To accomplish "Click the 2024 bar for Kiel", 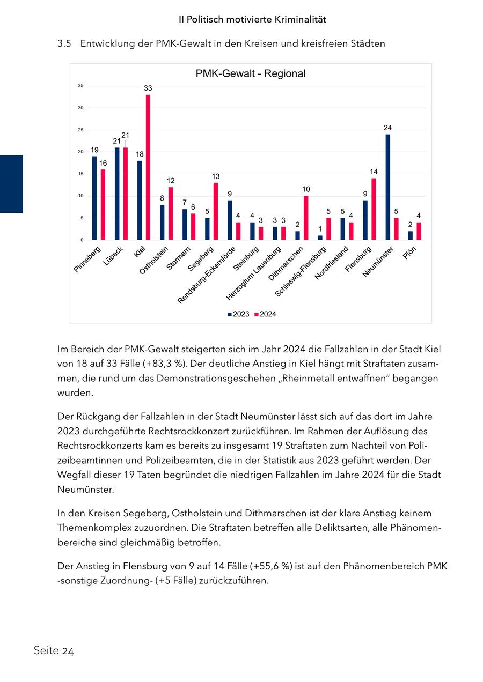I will (x=148, y=167).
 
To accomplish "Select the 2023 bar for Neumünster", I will (x=387, y=187).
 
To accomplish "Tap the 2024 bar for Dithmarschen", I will (x=306, y=218).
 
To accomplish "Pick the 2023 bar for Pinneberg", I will (x=94, y=198).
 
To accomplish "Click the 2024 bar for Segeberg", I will (x=216, y=211).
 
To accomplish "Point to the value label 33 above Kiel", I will (x=148, y=88).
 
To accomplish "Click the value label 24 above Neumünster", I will (x=387, y=128).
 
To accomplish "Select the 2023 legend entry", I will (x=238, y=314).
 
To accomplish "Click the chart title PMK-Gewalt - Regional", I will (x=251, y=73).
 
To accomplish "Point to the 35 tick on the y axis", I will (x=80, y=86).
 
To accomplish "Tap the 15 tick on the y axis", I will (x=80, y=174).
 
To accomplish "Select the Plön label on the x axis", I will (x=409, y=253).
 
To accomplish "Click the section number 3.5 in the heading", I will (x=64, y=44).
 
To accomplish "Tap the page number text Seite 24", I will (x=54, y=651).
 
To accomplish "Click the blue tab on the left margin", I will (x=11, y=184).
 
